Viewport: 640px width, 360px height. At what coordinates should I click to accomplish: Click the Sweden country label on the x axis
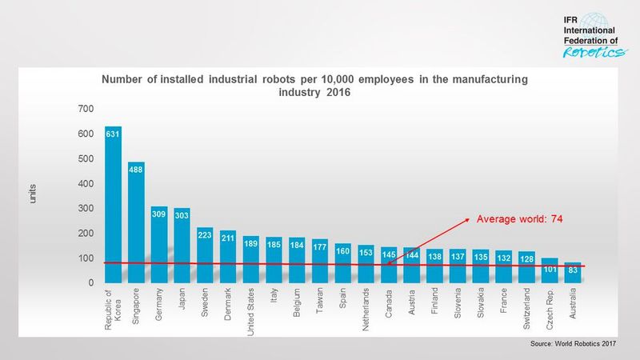click(x=205, y=303)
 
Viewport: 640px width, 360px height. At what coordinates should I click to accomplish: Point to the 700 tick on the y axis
click(x=86, y=108)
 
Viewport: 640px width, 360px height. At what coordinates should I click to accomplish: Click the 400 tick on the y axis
click(x=86, y=183)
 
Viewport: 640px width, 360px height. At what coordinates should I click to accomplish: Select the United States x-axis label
click(x=250, y=311)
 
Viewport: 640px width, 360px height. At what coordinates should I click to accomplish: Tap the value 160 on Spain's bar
click(x=342, y=251)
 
